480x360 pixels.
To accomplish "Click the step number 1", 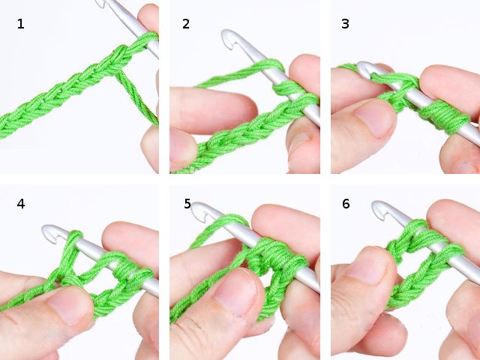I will (20, 24).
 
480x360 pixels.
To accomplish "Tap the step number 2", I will (186, 24).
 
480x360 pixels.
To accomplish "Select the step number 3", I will (345, 24).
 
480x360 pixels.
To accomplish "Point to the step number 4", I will (20, 203).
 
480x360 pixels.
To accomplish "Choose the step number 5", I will (187, 203).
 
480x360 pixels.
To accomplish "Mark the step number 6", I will (346, 203).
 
